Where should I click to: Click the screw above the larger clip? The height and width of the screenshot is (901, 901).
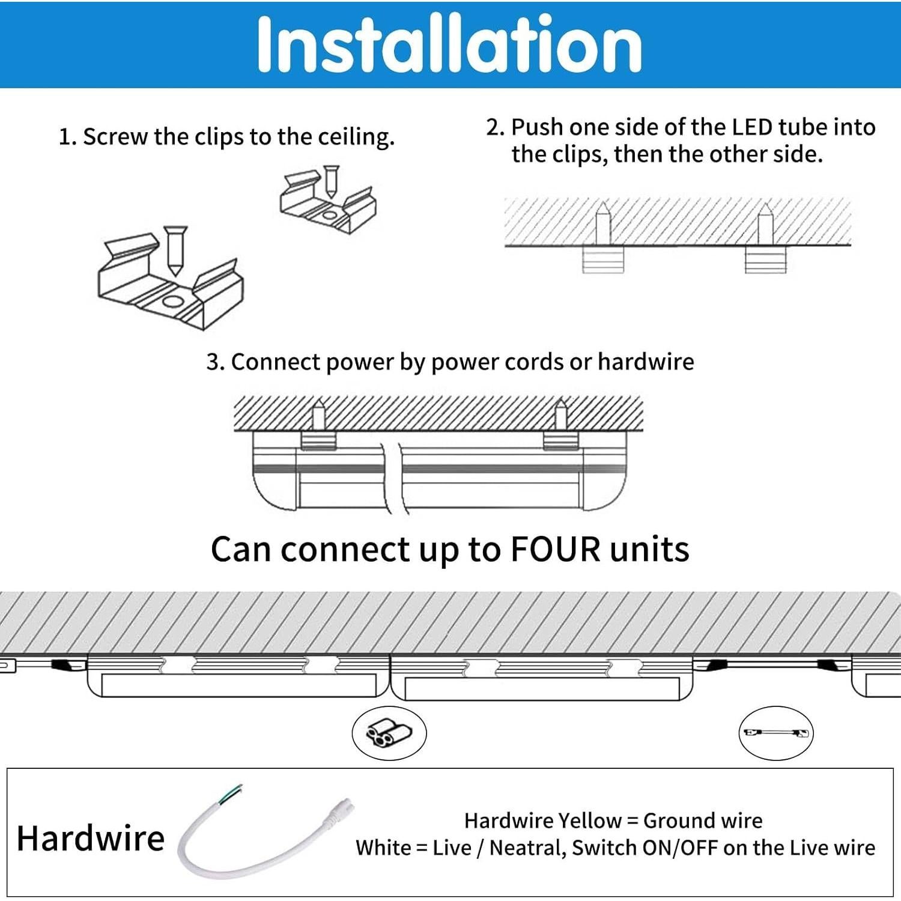[x=175, y=249]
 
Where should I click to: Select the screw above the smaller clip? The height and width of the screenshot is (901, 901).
[x=330, y=181]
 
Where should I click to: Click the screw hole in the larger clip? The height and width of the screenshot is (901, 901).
[x=174, y=302]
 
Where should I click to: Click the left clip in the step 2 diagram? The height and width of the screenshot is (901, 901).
[x=603, y=259]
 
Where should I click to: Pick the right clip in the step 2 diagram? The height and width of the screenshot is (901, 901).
[x=765, y=259]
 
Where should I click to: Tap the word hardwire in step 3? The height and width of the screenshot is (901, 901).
[x=646, y=362]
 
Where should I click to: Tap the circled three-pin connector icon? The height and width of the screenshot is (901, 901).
[x=389, y=733]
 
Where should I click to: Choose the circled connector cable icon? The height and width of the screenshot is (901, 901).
[x=775, y=733]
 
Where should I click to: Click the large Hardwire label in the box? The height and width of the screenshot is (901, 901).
[x=91, y=838]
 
